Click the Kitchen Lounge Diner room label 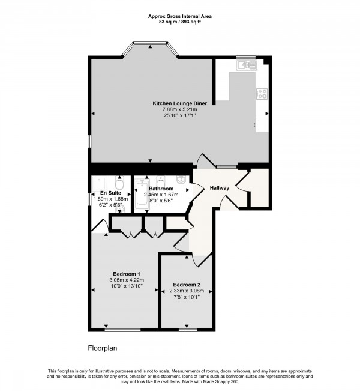point(179,103)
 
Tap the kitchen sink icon point(246,65)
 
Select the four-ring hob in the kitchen point(262,94)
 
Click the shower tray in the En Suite point(99,184)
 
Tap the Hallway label point(219,188)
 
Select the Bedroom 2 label point(187,285)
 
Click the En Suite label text point(110,193)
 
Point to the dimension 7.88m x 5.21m point(179,109)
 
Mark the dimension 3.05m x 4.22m point(127,280)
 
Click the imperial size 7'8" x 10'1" point(187,297)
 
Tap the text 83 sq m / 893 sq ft point(180,22)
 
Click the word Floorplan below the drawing point(103,348)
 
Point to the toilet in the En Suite point(120,183)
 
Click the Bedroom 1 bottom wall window point(122,330)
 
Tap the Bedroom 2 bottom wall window point(188,330)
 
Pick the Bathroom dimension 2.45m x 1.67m point(161,195)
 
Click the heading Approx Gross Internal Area point(180,17)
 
